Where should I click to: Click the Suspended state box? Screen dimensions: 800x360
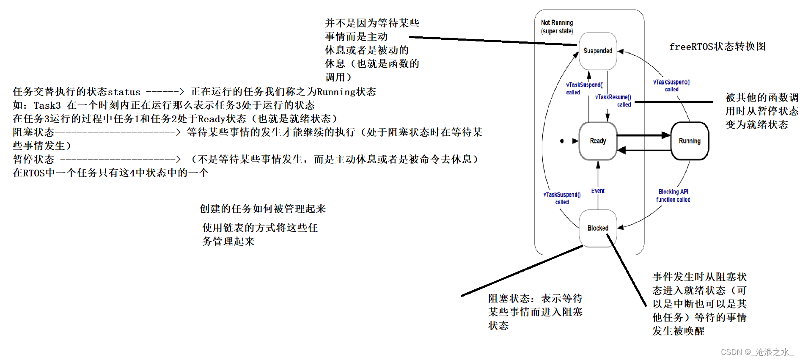[x=597, y=51]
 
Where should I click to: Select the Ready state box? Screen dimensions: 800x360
[x=597, y=141]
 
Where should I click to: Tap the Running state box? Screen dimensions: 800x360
[x=689, y=141]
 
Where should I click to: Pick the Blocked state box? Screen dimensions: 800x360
[x=597, y=228]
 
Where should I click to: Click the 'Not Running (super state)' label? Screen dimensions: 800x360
[x=557, y=27]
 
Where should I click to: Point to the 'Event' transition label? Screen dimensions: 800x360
[x=598, y=191]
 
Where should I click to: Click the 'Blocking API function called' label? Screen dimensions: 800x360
[x=673, y=195]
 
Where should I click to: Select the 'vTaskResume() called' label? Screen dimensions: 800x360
[x=614, y=101]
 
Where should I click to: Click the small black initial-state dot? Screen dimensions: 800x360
[x=562, y=141]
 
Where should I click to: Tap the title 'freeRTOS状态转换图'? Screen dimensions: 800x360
[x=718, y=47]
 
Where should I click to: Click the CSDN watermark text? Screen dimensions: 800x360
[x=756, y=352]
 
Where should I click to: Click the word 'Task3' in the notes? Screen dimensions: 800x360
[x=47, y=105]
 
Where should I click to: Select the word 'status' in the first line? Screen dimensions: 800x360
[x=124, y=92]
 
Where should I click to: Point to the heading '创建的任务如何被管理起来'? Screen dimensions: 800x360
[x=263, y=209]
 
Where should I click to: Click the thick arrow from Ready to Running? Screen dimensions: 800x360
[x=643, y=135]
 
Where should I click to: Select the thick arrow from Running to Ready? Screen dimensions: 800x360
[x=643, y=150]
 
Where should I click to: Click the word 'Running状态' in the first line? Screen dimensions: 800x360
[x=346, y=92]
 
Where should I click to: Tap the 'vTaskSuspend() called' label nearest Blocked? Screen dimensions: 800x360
[x=562, y=198]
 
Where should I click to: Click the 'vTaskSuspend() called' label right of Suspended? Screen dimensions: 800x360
[x=671, y=85]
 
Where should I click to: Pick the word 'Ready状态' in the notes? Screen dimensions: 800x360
[x=222, y=119]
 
